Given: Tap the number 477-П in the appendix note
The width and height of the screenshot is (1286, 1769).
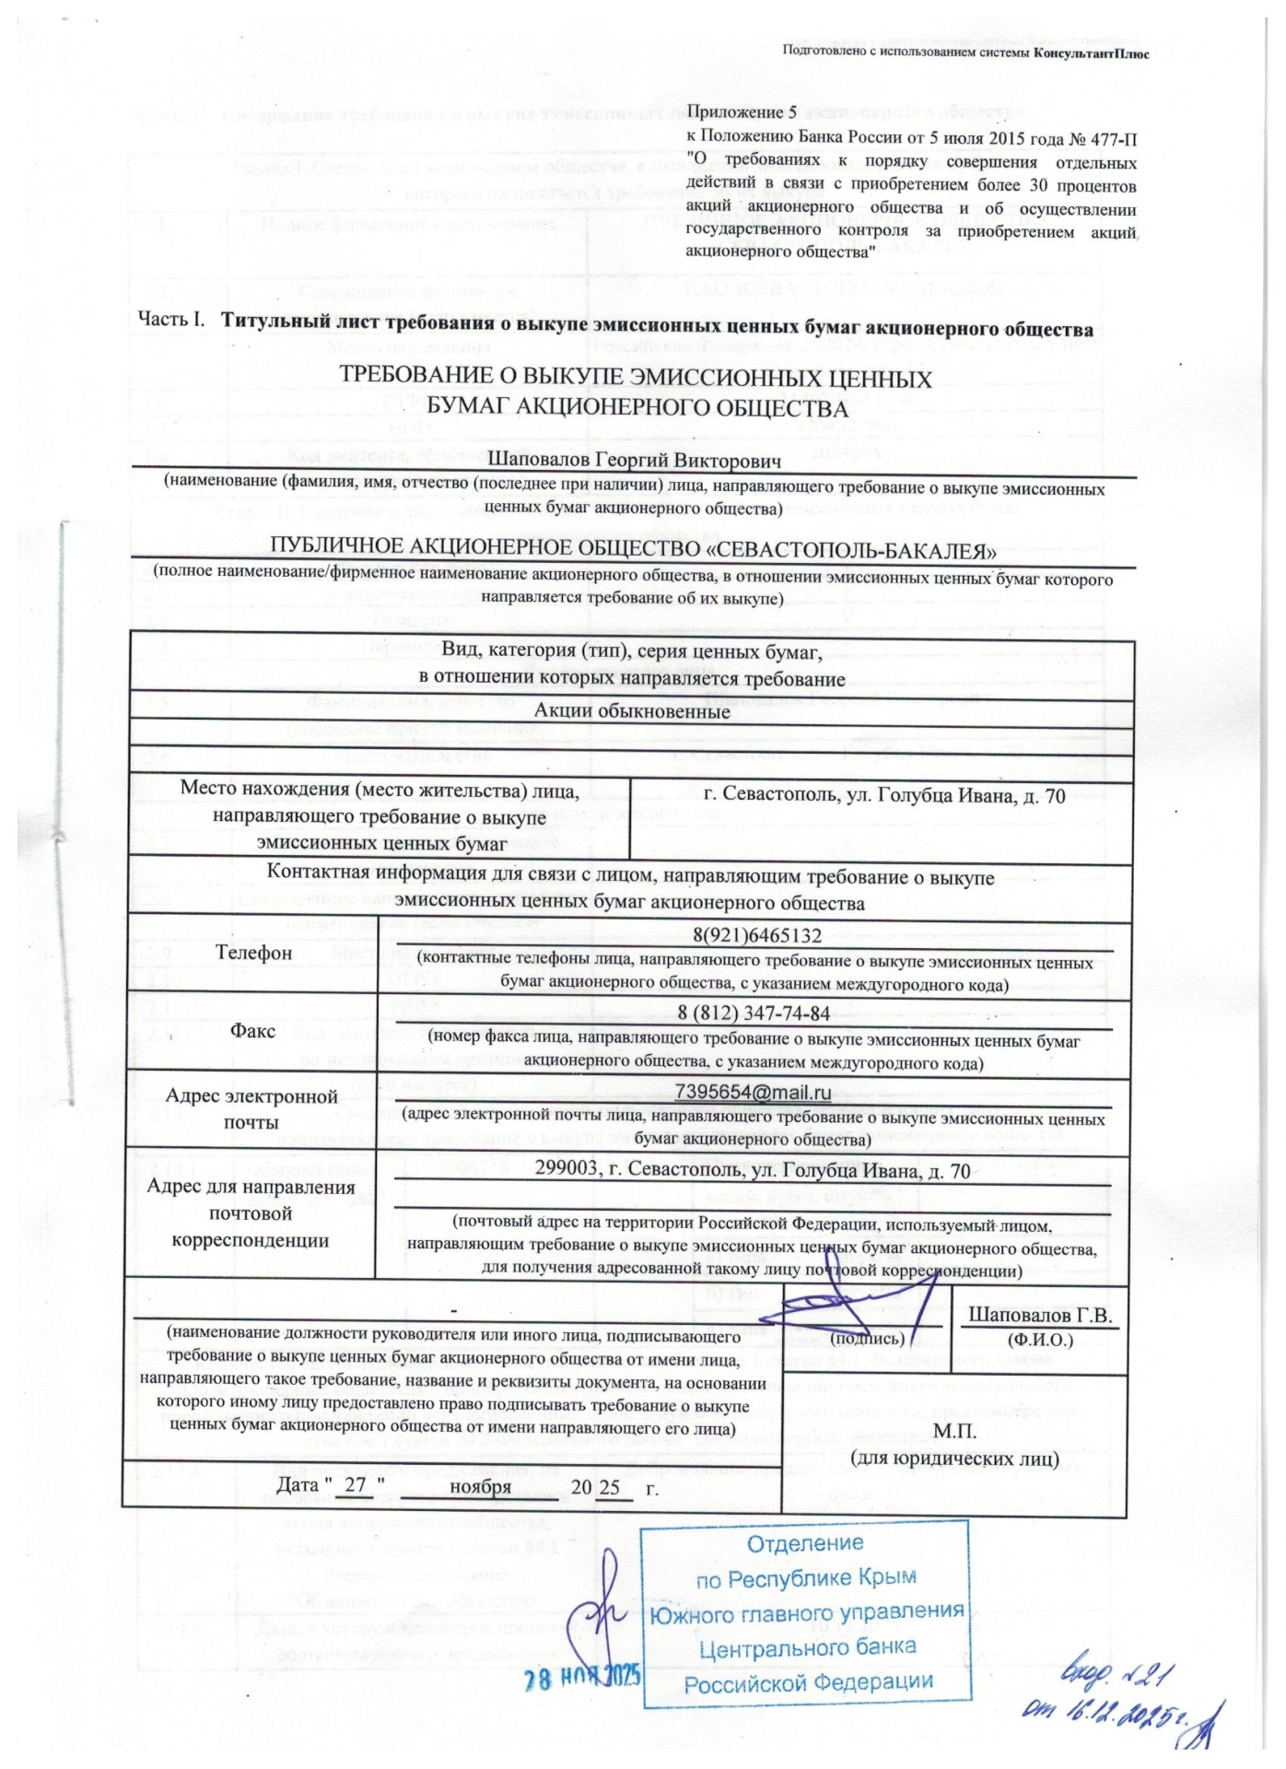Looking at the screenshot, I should [1113, 140].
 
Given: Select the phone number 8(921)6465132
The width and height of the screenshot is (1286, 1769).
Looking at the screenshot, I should [756, 935].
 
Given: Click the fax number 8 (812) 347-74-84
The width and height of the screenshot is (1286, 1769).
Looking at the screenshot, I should [754, 1013].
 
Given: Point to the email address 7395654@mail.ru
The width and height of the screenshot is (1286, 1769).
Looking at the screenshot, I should [753, 1093].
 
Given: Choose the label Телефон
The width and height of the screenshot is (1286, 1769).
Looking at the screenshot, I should [253, 952].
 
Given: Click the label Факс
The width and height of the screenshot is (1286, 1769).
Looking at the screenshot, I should [252, 1030].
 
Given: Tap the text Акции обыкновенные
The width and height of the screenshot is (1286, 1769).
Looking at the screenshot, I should [632, 710].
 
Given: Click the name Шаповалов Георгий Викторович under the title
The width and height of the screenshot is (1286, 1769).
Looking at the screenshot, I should [634, 460].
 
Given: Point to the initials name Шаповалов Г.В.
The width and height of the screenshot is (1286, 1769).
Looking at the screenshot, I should [1040, 1316].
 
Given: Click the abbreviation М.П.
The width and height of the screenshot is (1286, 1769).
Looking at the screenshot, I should [954, 1432].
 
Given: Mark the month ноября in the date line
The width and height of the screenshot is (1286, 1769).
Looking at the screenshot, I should [480, 1486].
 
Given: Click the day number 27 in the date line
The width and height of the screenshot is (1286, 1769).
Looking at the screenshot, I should [355, 1486].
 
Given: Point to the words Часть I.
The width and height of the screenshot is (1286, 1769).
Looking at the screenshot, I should [170, 320].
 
